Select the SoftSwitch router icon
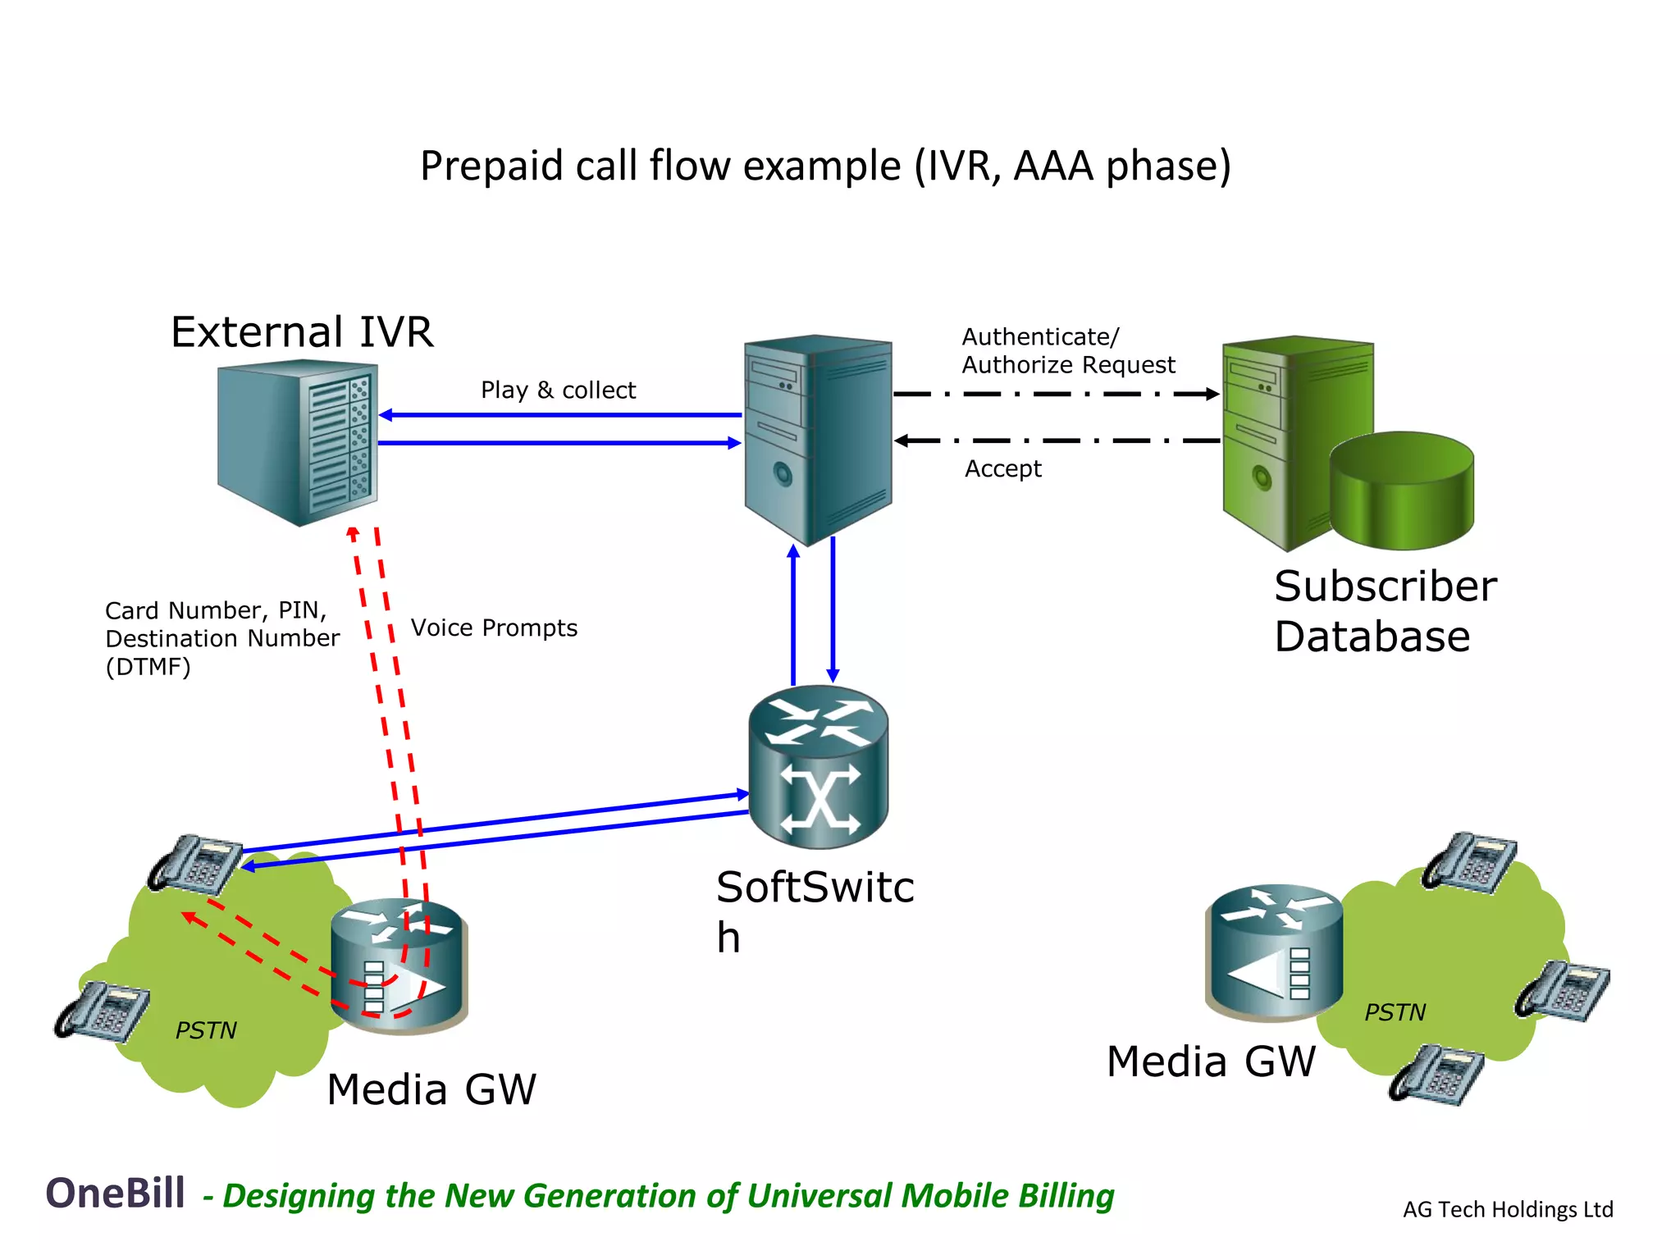818,767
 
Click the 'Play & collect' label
558,390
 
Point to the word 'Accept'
1002,468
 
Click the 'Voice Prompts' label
494,628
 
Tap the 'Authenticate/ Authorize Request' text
1067,350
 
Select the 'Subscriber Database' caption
1385,611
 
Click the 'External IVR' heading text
302,332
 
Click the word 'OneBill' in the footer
115,1193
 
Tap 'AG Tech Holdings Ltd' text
1507,1209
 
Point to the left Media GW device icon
399,966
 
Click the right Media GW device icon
1273,952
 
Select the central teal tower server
817,439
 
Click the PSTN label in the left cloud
206,1030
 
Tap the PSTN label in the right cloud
1395,1012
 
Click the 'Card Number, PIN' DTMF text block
221,638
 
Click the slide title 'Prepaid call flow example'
825,166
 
